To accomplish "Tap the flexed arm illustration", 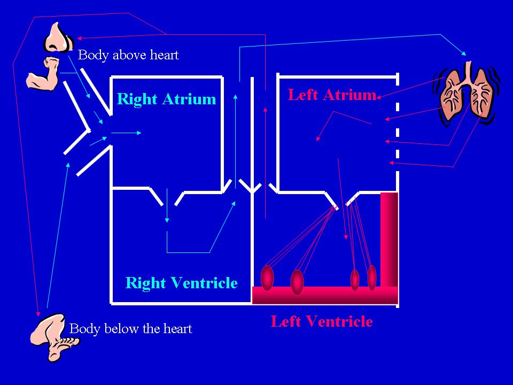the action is pos(43,73).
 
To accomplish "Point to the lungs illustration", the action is pos(466,93).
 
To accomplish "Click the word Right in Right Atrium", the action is pos(137,99).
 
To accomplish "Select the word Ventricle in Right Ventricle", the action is pos(204,282).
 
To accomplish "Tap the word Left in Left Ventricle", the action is pos(286,321).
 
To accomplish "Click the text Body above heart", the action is pos(128,55).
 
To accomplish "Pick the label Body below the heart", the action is pos(130,329).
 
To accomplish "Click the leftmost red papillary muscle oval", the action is pos(267,278).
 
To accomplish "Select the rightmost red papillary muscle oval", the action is pos(372,278).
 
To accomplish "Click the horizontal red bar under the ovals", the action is pos(325,295).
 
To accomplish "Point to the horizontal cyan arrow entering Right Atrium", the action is pos(126,133).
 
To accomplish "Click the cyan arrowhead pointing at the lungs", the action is pos(464,53).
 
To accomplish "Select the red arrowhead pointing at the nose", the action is pos(79,38).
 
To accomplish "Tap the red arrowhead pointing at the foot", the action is pos(38,314).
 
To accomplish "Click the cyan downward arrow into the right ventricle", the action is pos(167,205).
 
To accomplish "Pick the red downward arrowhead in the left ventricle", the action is pos(346,237).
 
